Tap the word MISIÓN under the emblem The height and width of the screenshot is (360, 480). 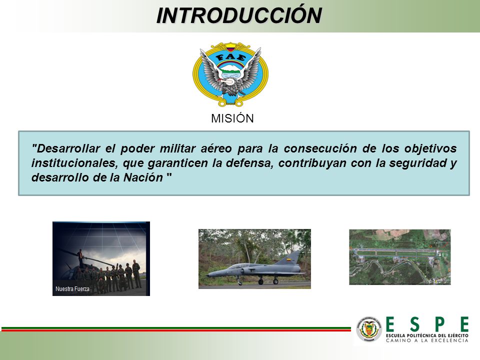click(232, 118)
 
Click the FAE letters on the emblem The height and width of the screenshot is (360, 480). click(230, 57)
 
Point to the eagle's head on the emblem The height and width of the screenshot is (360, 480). click(227, 81)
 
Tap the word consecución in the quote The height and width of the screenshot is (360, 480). click(320, 148)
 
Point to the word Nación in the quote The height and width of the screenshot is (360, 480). click(143, 177)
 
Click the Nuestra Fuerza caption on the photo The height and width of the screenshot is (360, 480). click(72, 288)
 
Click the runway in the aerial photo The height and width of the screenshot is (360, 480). click(397, 253)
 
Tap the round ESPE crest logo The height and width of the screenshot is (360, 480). click(369, 329)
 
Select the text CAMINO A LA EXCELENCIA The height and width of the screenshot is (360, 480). click(427, 340)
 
